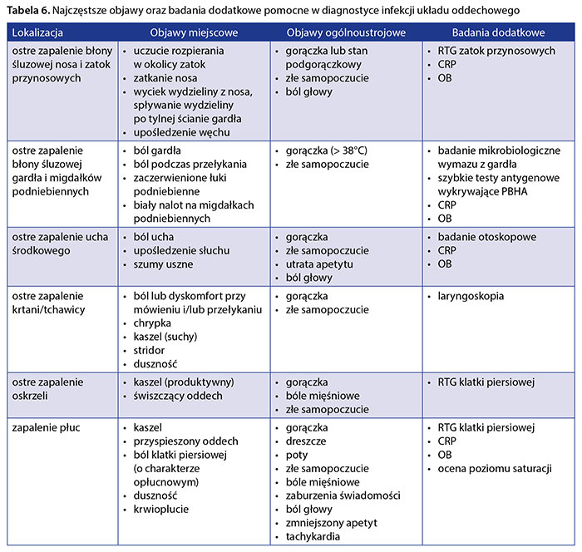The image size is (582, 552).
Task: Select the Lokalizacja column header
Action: pos(39,32)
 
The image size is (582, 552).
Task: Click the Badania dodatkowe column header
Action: pos(498,32)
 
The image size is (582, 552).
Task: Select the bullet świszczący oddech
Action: pos(172,396)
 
